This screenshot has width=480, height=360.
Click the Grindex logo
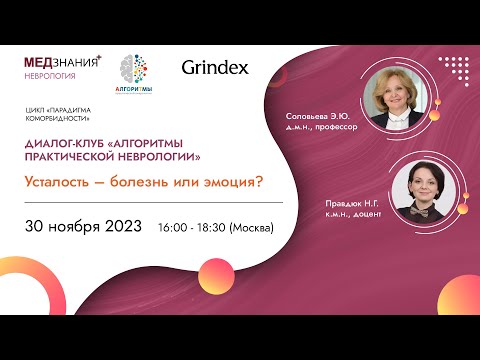(x=214, y=69)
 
